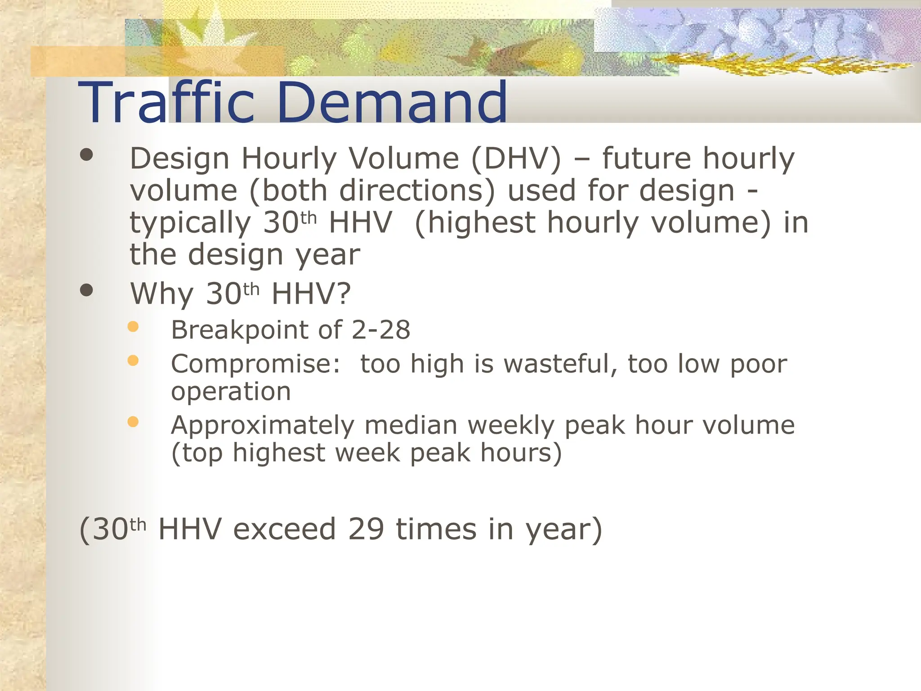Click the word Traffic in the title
[x=166, y=103]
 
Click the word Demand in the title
[x=392, y=103]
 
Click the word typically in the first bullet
[x=190, y=223]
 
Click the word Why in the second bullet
[x=161, y=294]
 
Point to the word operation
[x=231, y=391]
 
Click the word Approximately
[x=263, y=425]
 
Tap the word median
[x=411, y=425]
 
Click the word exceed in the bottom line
[x=284, y=529]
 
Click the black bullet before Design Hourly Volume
[x=86, y=155]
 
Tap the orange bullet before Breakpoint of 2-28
[x=133, y=327]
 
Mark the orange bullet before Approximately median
[x=133, y=422]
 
